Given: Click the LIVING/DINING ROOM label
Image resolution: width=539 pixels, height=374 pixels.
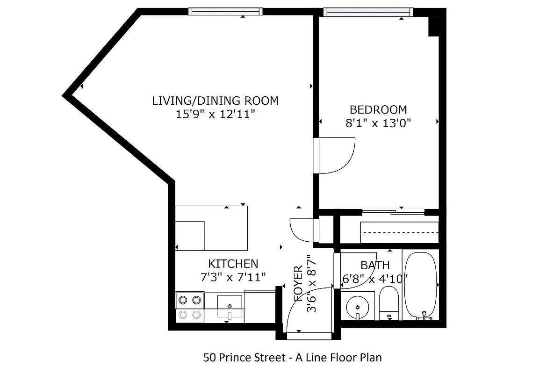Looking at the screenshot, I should [x=215, y=101].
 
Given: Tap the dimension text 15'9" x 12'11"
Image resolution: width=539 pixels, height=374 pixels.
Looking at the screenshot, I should [x=215, y=115].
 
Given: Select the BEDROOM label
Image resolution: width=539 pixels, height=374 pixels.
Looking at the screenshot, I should [x=378, y=110].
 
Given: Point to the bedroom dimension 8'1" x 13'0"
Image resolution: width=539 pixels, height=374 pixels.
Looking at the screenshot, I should [x=378, y=123].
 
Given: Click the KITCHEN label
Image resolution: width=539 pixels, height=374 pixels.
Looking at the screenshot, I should [x=233, y=264].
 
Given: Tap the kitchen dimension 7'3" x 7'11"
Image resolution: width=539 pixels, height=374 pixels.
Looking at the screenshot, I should [x=233, y=277].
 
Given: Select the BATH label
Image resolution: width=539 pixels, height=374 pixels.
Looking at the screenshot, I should [x=375, y=266].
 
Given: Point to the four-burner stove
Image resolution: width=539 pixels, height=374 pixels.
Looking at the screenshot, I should [x=190, y=307].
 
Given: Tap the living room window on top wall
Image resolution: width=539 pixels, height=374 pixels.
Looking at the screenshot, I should [x=225, y=12].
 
